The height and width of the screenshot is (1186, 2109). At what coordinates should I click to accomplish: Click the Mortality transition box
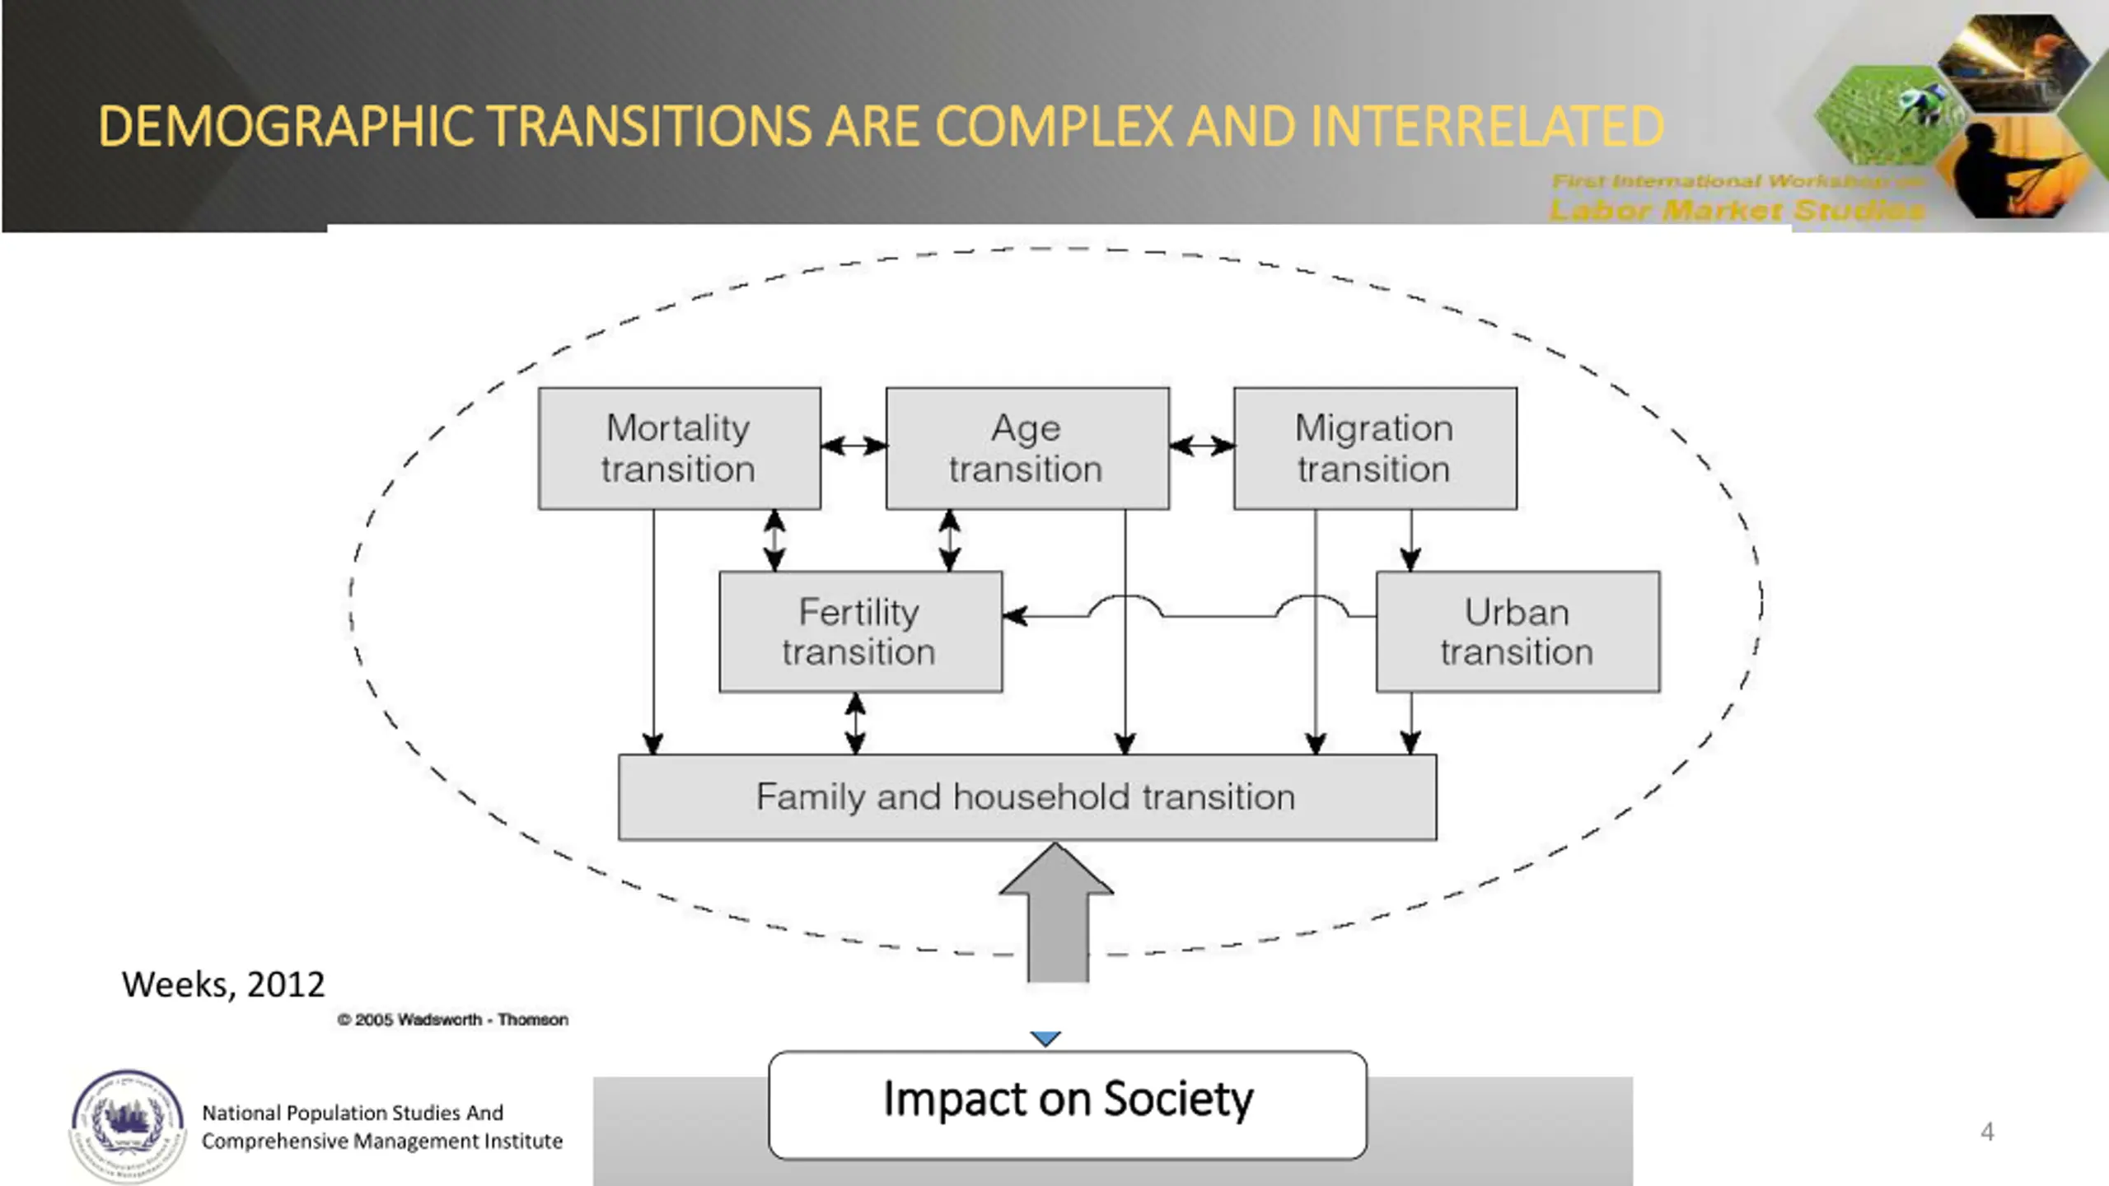[679, 448]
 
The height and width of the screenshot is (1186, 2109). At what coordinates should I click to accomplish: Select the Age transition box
[1026, 448]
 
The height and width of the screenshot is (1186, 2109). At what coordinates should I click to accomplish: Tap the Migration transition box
[1374, 448]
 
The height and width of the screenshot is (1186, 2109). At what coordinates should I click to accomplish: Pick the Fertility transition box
[860, 632]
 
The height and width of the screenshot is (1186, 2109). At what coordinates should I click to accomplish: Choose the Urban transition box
[1517, 632]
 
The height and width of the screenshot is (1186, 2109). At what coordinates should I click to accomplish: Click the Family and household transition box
[1026, 796]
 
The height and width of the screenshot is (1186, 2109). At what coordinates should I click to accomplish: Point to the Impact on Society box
[1068, 1104]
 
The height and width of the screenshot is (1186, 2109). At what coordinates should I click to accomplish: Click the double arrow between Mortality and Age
[853, 446]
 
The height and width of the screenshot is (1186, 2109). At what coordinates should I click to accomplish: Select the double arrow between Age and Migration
[1201, 446]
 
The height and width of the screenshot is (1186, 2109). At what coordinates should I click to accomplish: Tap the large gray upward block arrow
[1057, 914]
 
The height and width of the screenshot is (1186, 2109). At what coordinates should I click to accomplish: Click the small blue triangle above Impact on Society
[1045, 1039]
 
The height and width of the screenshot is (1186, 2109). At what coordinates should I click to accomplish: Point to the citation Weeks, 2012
[223, 984]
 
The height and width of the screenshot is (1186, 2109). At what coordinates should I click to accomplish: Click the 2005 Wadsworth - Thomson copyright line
[452, 1020]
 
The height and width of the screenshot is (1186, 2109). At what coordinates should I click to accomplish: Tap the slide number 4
[1987, 1132]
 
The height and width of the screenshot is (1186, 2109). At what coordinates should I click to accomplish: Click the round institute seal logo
[127, 1125]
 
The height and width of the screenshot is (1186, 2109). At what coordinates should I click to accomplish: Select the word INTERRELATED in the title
[1486, 127]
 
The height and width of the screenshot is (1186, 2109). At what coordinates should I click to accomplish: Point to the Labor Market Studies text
[1737, 210]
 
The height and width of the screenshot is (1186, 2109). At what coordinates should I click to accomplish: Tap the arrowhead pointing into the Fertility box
[1015, 615]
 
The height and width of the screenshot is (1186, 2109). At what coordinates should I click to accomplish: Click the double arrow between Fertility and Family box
[855, 723]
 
